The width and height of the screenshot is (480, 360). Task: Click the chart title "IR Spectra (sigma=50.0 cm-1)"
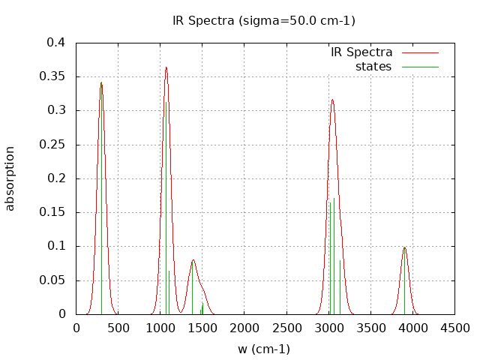pos(264,20)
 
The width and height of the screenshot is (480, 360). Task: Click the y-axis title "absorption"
pos(10,178)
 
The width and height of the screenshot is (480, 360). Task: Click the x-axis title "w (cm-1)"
pos(264,349)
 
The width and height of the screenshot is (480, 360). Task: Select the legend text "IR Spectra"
pos(361,52)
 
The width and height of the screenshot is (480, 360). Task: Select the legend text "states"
pos(373,67)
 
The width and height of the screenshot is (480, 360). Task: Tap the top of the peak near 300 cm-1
pos(101,82)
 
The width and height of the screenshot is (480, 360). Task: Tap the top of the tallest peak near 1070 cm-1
pos(166,67)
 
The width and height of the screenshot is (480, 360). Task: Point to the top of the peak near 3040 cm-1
pos(332,100)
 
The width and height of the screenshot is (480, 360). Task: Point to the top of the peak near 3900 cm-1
pos(404,247)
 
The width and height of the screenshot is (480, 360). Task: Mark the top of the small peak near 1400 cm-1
pos(193,260)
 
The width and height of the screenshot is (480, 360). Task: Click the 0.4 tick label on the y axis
pos(55,43)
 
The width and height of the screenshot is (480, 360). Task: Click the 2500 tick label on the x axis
pos(287,328)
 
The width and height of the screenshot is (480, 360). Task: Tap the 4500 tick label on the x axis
pos(455,328)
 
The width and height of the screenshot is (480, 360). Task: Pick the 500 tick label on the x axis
pos(118,328)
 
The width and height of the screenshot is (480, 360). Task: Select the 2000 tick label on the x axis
pos(245,328)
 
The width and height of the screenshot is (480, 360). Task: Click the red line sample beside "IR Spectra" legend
pos(419,52)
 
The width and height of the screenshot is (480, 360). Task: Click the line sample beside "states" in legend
pos(419,67)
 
